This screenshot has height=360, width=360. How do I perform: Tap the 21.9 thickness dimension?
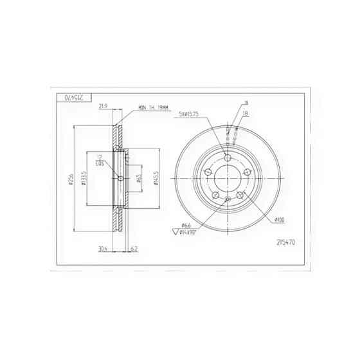point(104,107)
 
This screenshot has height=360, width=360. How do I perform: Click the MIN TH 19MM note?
point(152,107)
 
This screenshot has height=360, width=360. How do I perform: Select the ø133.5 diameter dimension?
point(84,181)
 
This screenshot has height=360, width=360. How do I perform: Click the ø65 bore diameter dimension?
point(139,178)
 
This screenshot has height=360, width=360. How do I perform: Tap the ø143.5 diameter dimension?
point(156,178)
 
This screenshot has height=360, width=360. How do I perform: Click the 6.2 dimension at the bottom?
point(133,248)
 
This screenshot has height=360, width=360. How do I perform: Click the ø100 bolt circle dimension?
point(279,220)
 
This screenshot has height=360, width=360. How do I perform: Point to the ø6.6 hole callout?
point(186,225)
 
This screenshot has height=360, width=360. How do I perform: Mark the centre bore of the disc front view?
point(228,178)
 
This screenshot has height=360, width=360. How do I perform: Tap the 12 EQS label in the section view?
point(100,161)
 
